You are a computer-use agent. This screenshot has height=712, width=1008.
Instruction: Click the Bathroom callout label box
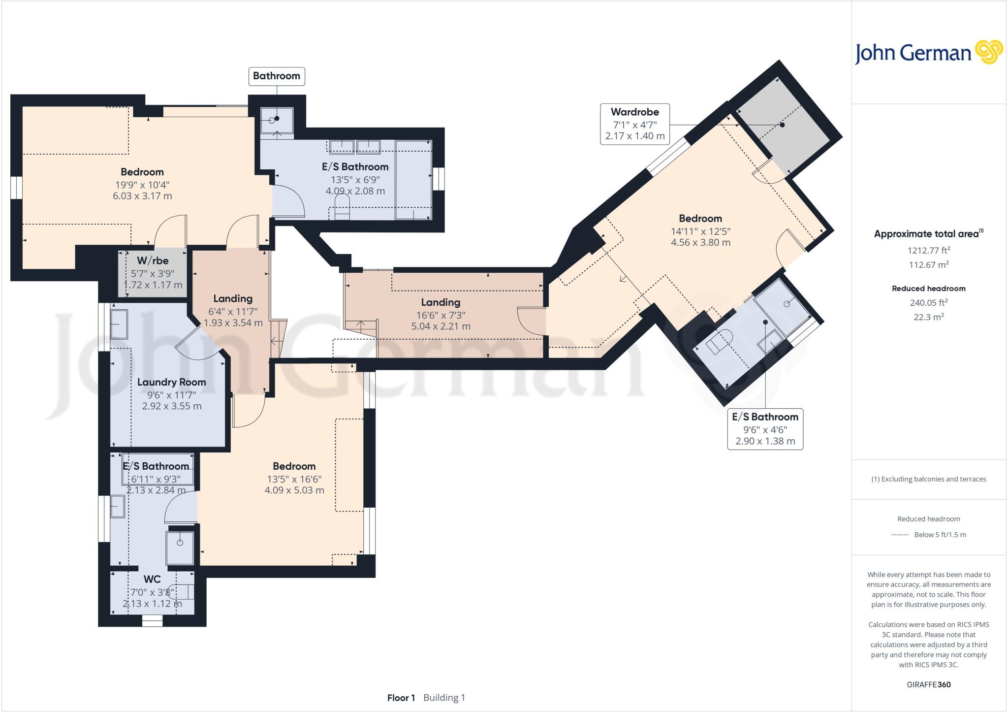[276, 76]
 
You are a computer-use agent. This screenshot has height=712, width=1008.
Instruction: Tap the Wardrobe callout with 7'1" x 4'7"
[634, 124]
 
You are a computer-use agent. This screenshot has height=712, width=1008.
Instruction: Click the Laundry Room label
[171, 383]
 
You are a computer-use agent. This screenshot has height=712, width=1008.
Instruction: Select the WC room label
[152, 580]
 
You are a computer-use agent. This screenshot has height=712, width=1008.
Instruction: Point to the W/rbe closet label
[153, 261]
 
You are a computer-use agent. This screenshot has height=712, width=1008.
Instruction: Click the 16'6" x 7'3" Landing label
[441, 303]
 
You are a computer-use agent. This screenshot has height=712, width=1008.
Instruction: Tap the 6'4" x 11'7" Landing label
[233, 299]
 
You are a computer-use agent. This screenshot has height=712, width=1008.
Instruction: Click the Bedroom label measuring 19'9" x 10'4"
[142, 172]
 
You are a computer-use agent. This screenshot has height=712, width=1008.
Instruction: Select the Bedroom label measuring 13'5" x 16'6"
[294, 466]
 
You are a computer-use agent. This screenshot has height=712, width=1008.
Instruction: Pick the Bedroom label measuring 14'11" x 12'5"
[700, 219]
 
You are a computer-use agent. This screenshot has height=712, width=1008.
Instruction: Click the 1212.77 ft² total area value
[928, 250]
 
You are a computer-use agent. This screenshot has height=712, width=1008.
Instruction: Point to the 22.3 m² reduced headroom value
[928, 317]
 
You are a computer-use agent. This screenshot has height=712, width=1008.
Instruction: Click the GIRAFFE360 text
[928, 684]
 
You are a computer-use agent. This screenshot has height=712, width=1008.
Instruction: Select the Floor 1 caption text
[401, 698]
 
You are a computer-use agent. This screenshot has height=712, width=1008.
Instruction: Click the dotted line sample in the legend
[900, 535]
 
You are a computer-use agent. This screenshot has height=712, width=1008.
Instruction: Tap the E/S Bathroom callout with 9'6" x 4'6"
[765, 429]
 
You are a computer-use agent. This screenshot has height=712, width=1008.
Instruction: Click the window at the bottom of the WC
[152, 622]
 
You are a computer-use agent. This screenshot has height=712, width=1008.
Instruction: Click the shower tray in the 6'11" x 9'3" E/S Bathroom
[180, 547]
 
